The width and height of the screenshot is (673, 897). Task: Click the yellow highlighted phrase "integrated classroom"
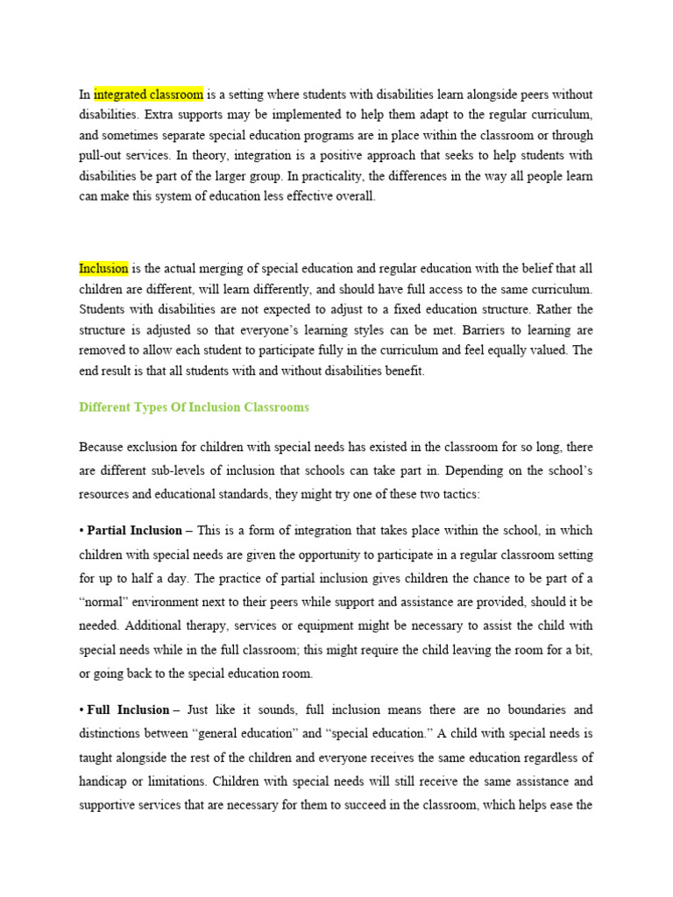[x=148, y=94]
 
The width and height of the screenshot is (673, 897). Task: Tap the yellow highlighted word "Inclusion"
[x=103, y=268]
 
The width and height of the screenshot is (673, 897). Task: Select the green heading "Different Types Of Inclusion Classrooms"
[x=194, y=407]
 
